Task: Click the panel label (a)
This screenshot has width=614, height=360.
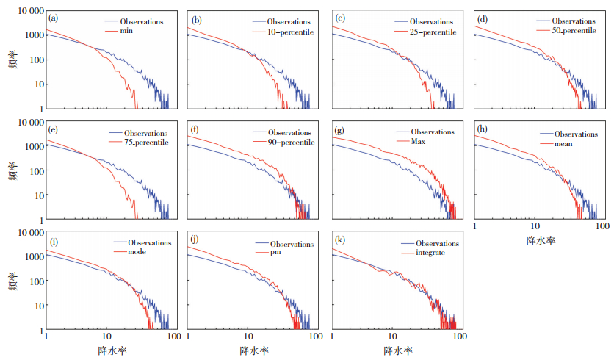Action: pyautogui.click(x=54, y=17)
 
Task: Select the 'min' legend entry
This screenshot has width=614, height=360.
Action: pyautogui.click(x=135, y=32)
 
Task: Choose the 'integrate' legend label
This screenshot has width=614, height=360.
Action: pyautogui.click(x=427, y=253)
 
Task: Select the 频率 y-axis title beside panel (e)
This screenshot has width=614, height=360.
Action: pyautogui.click(x=13, y=170)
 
